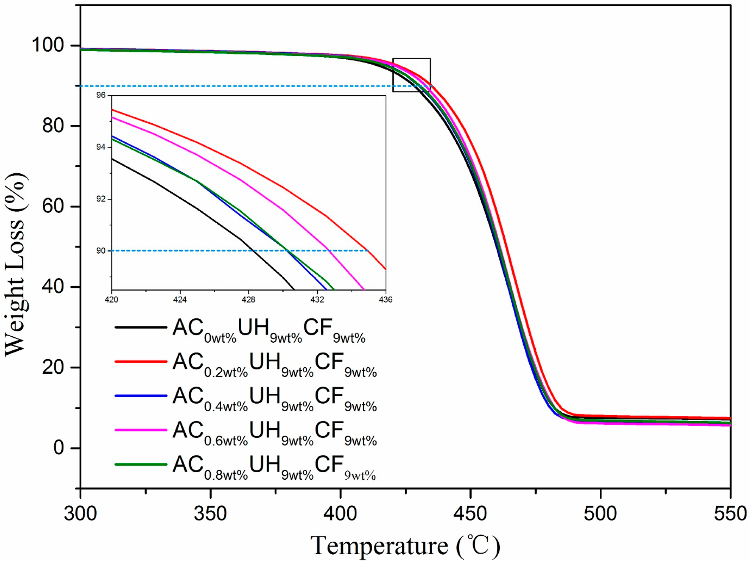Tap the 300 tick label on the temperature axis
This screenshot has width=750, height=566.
(80, 514)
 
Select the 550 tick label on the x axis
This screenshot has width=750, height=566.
(730, 514)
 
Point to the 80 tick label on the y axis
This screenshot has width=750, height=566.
(53, 126)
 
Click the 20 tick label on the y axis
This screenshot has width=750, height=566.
(53, 367)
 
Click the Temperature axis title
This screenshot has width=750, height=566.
(405, 547)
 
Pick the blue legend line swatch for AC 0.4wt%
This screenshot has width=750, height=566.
(141, 396)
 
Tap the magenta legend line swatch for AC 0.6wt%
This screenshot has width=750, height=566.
(141, 430)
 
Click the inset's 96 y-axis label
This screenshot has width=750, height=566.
(101, 95)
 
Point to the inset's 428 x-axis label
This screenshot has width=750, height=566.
(249, 300)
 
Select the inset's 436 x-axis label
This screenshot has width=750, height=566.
(385, 300)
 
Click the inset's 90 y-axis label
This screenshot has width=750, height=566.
(101, 251)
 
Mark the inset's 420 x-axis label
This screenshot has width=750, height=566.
(112, 300)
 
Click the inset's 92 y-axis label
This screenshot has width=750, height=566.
(101, 199)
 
